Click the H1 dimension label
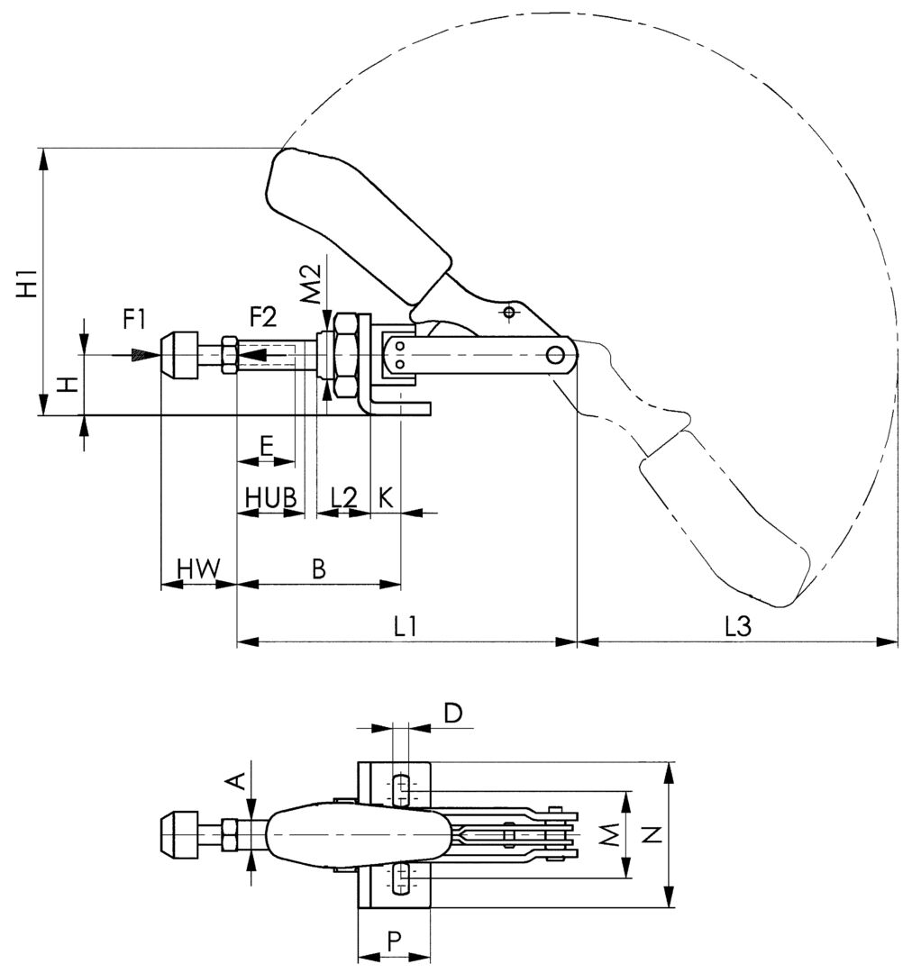point(28,283)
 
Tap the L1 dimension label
point(406,626)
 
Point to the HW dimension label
point(198,568)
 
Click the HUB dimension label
point(270,496)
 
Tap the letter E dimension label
point(266,445)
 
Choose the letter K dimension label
point(385,496)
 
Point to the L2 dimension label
point(344,496)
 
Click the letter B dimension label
point(318,568)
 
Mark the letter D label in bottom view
point(453,714)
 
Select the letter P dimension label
point(394,941)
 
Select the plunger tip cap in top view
point(178,835)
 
